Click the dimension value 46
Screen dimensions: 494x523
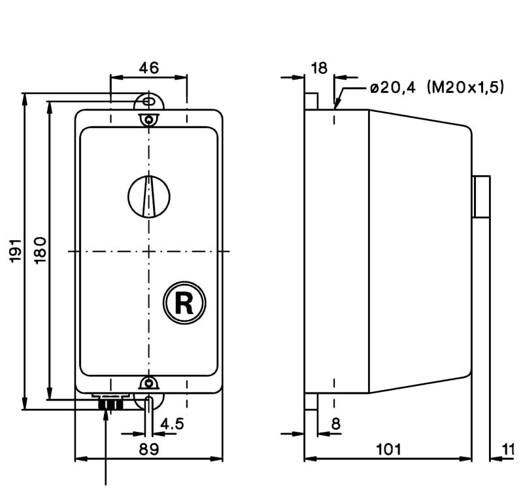coord(149,67)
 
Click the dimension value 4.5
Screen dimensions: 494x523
coord(172,423)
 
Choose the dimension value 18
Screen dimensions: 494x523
coord(319,67)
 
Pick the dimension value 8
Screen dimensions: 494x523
coord(335,423)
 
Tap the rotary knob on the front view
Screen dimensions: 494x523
coord(149,196)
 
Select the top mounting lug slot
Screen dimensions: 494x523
coord(149,101)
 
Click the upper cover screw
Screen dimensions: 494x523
coord(150,120)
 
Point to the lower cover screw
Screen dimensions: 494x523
coord(150,383)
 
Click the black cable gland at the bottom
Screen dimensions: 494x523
coord(110,404)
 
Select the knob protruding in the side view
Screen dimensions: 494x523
coord(482,196)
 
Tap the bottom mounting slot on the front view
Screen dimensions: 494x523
coord(150,402)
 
